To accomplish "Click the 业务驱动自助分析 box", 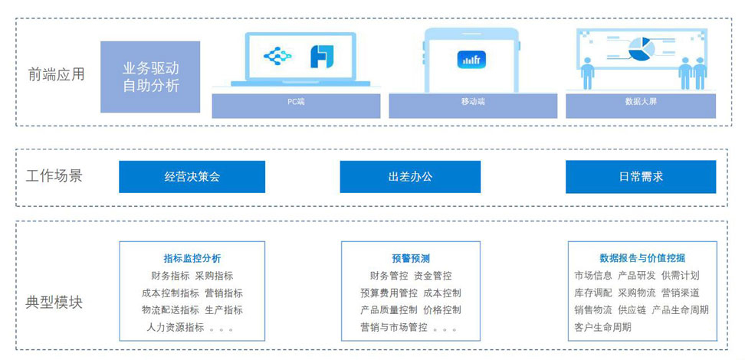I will [x=150, y=77].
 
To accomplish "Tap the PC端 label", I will [x=296, y=101].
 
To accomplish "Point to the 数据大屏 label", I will [x=641, y=101].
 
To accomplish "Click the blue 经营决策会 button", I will [x=192, y=177].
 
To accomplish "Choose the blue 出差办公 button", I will [x=410, y=177].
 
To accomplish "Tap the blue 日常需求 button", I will [x=641, y=177].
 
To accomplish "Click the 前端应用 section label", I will [x=56, y=74].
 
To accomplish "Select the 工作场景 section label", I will [x=54, y=176].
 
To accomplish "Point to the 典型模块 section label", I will [x=54, y=302].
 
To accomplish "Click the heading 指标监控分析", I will [x=192, y=258].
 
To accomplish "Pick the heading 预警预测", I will [x=410, y=258].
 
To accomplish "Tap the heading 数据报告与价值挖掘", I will [x=642, y=258].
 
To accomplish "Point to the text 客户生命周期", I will [x=603, y=327].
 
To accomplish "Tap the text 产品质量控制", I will [x=389, y=310].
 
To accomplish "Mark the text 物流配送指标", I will [x=170, y=310].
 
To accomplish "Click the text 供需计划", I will [x=681, y=276].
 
